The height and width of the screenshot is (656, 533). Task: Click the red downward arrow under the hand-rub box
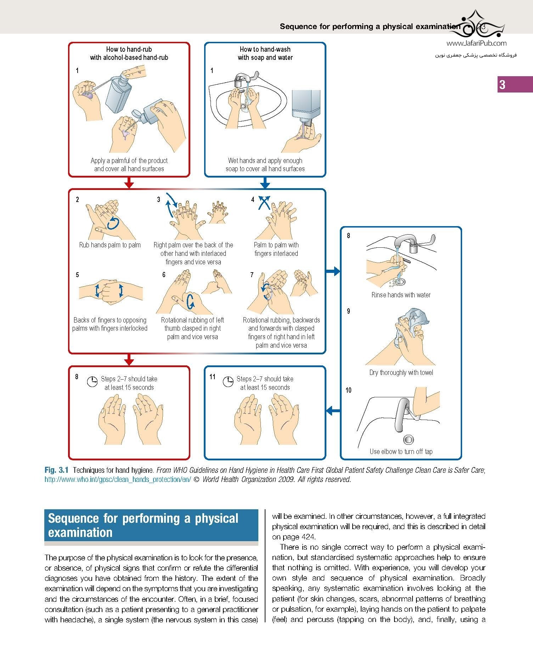coord(129,183)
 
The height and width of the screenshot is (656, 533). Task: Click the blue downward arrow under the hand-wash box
coord(265,183)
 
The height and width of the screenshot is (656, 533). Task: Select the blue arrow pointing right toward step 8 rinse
coord(333,271)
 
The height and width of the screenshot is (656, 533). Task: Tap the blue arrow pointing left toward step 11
coord(333,411)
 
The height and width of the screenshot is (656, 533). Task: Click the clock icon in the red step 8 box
coord(92,382)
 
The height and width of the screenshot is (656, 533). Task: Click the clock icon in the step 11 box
coord(228,382)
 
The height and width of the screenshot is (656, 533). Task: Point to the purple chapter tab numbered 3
coord(515,84)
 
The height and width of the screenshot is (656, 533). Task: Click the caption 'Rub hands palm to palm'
coord(110,245)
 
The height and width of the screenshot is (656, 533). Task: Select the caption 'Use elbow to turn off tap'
coord(401,452)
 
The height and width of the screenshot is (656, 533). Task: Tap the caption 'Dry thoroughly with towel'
coord(401,372)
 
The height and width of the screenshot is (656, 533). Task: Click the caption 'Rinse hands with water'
coord(401,295)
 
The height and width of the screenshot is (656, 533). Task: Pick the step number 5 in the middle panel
coord(77,275)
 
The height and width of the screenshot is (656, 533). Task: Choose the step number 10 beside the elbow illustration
coord(348,390)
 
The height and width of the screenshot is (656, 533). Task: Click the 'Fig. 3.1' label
coord(56,470)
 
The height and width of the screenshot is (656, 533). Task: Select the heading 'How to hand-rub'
coord(129,49)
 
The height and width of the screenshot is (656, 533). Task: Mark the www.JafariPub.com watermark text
coord(476,43)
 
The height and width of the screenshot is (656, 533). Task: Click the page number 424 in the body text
coord(307,537)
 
